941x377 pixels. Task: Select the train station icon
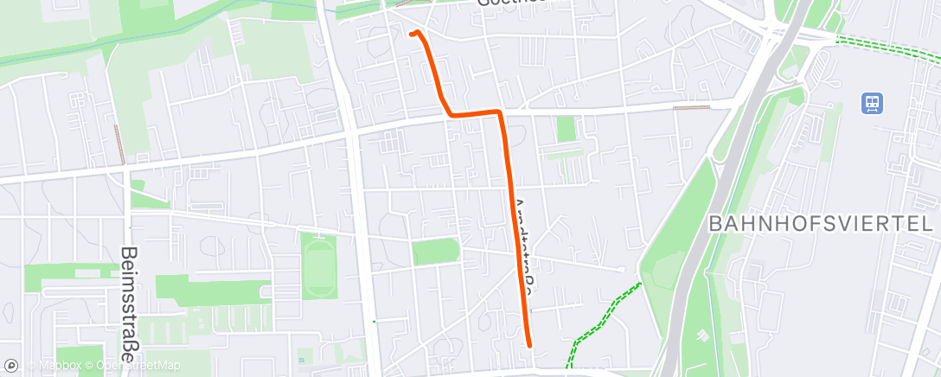[x=871, y=104]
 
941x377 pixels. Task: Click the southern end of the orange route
[x=528, y=345]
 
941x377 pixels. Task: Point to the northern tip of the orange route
[x=411, y=34]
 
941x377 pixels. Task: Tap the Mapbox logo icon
[x=11, y=366]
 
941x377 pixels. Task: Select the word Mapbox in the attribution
[x=56, y=367]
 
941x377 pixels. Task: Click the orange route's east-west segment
[x=474, y=113]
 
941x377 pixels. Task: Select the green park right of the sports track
[x=435, y=252]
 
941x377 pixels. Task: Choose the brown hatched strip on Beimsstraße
[x=119, y=144]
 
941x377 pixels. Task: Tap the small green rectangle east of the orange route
[x=567, y=129]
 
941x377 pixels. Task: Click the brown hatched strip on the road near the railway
[x=691, y=108]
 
